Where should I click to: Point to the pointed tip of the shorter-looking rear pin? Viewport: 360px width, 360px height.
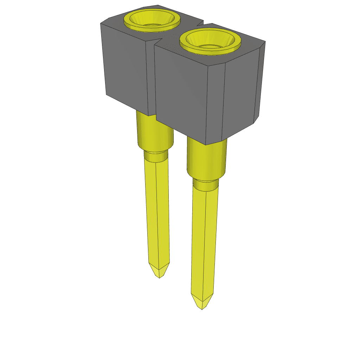tap(159, 273)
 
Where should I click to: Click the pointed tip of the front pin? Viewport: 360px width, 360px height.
tap(202, 303)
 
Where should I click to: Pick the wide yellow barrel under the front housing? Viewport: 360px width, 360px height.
tap(206, 158)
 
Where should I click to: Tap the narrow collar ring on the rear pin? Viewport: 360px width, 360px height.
tap(156, 156)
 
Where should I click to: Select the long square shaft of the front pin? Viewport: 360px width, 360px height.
tap(204, 243)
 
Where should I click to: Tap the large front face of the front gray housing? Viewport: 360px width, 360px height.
tap(181, 91)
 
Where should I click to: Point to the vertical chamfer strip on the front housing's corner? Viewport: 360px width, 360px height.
tap(215, 102)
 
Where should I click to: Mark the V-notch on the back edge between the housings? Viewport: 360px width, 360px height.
tap(201, 24)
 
